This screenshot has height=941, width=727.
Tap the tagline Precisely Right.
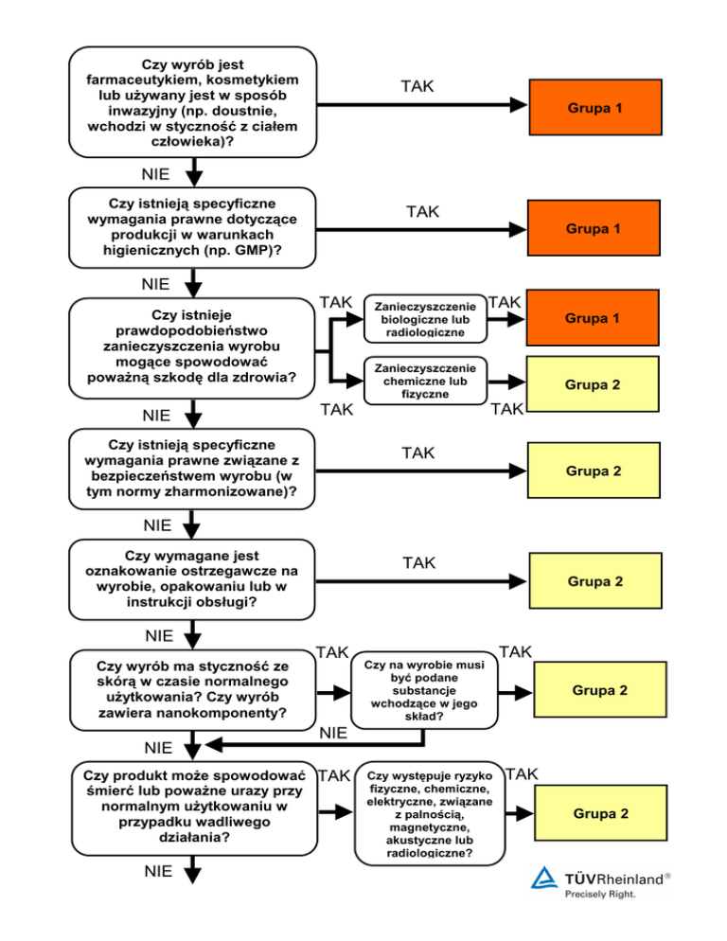click(599, 893)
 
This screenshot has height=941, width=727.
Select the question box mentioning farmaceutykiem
click(192, 102)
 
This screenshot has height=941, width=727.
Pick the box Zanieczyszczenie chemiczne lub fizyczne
click(425, 380)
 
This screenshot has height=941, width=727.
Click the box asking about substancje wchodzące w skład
click(424, 691)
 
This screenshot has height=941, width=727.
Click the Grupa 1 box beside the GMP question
click(594, 229)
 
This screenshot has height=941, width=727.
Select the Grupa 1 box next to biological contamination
click(593, 318)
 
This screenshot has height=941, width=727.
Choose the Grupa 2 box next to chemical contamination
click(594, 385)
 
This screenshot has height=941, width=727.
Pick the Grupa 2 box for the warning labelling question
click(594, 581)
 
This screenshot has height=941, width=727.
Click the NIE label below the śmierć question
click(159, 872)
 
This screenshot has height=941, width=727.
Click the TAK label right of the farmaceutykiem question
click(417, 86)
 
